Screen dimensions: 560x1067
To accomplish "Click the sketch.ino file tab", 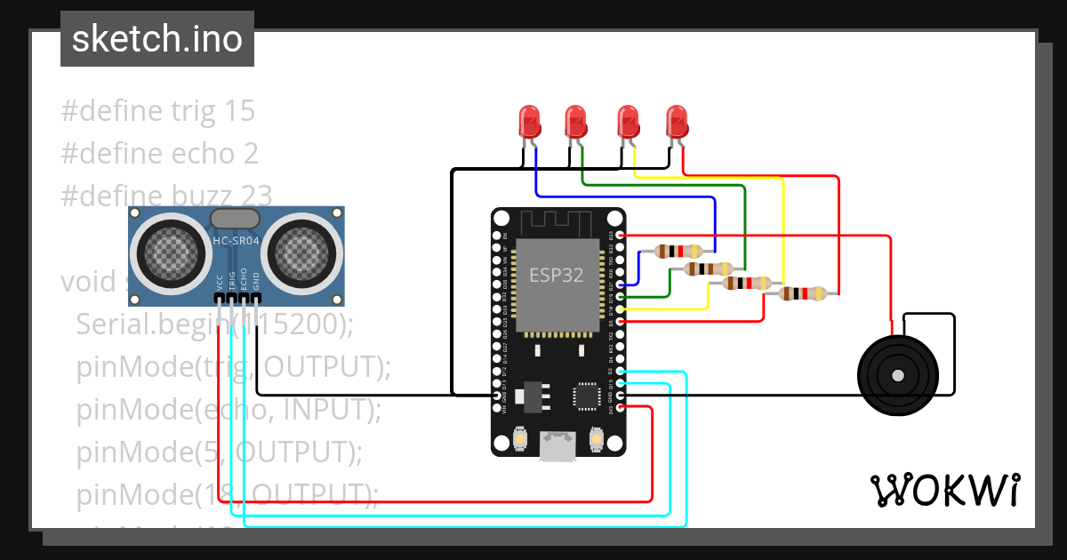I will pos(157,39).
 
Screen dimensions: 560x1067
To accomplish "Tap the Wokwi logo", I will pos(944,490).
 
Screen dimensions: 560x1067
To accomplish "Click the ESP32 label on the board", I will pos(557,275).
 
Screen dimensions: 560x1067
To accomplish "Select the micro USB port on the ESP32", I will pos(558,446).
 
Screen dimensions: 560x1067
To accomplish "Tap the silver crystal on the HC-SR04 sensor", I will pos(235,218).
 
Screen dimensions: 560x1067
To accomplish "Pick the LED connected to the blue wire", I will pos(530,122).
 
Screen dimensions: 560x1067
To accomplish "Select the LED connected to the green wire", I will pos(577,122).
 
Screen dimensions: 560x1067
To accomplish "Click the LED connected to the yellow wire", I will pos(629,122).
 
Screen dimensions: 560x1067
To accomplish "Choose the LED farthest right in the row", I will pos(677,122).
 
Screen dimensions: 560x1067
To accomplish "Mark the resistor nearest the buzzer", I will pos(802,293).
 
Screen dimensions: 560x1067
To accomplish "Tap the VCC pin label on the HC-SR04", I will pos(220,283).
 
